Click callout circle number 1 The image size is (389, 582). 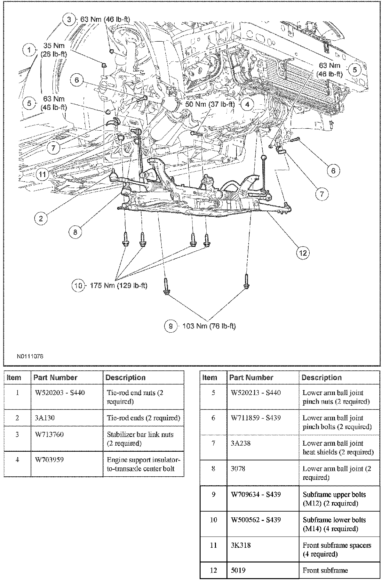29,50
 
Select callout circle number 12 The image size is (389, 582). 303,253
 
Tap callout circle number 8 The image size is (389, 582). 75,232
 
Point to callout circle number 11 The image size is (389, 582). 43,174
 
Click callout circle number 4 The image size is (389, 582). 247,104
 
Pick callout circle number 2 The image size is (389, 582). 41,219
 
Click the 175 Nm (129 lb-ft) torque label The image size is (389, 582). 118,285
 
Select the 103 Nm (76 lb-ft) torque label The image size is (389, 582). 209,326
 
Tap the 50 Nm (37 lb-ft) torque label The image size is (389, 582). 210,104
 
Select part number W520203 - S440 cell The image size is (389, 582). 60,392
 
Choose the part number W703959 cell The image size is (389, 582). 49,460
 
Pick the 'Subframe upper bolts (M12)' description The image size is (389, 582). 334,498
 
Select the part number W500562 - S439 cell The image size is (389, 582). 256,520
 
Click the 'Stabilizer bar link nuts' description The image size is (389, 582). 140,439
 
